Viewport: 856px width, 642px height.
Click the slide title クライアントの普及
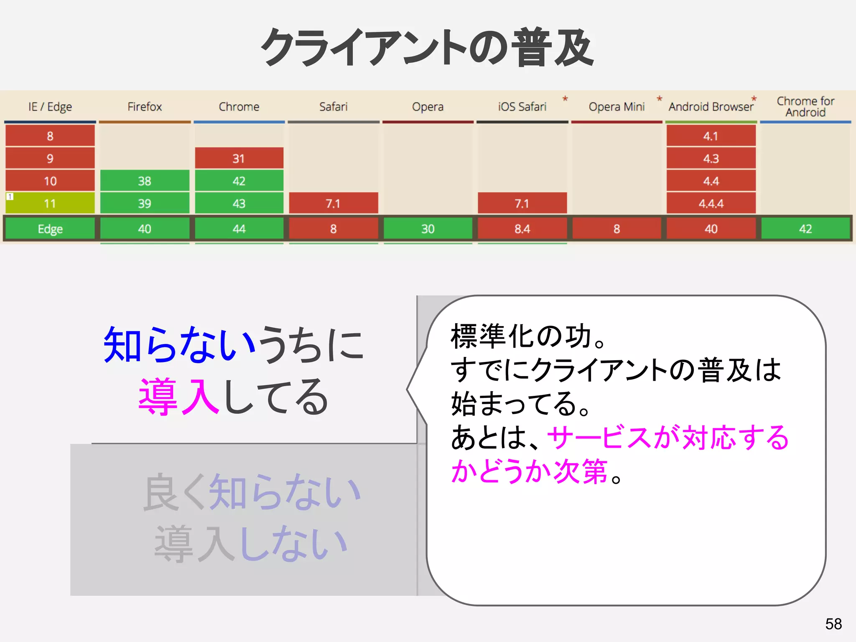427,47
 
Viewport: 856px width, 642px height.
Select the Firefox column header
145,107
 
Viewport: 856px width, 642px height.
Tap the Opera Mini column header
617,107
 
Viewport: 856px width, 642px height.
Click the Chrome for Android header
805,107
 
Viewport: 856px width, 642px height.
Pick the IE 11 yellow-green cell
50,204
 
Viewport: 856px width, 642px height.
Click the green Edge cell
50,229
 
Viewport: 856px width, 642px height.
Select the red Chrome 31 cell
239,158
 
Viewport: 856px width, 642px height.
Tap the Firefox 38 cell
145,181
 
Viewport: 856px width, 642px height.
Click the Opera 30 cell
428,229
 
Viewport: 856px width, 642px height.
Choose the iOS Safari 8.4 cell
522,229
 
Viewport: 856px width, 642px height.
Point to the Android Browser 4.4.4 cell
711,204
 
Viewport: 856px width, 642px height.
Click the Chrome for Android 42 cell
805,229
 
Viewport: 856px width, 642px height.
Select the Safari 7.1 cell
333,204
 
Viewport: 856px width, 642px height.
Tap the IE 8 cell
50,136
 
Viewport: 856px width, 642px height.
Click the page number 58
833,624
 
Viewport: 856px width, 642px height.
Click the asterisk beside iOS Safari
565,99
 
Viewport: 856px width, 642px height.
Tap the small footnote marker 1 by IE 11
10,196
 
